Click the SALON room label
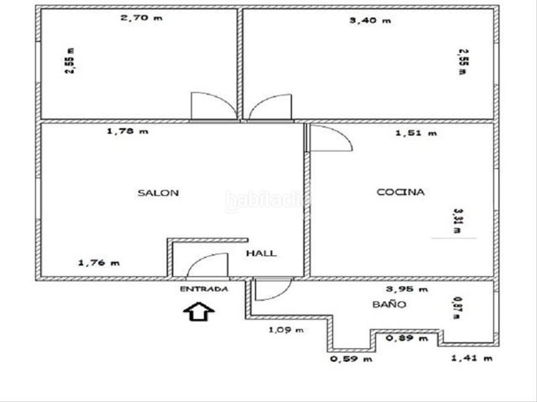[x=158, y=193]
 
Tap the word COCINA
[x=401, y=192]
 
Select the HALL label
[x=261, y=253]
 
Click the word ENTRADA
[x=204, y=289]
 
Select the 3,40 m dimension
[x=369, y=20]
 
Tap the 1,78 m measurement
[x=127, y=131]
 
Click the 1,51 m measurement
[x=416, y=133]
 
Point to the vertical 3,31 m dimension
[x=458, y=220]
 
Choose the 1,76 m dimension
[x=99, y=263]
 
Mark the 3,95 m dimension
[x=407, y=289]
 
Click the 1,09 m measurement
[x=286, y=330]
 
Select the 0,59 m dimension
[x=351, y=358]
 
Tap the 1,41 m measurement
[x=472, y=358]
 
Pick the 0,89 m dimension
[x=407, y=338]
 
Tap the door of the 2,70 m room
[x=213, y=106]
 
